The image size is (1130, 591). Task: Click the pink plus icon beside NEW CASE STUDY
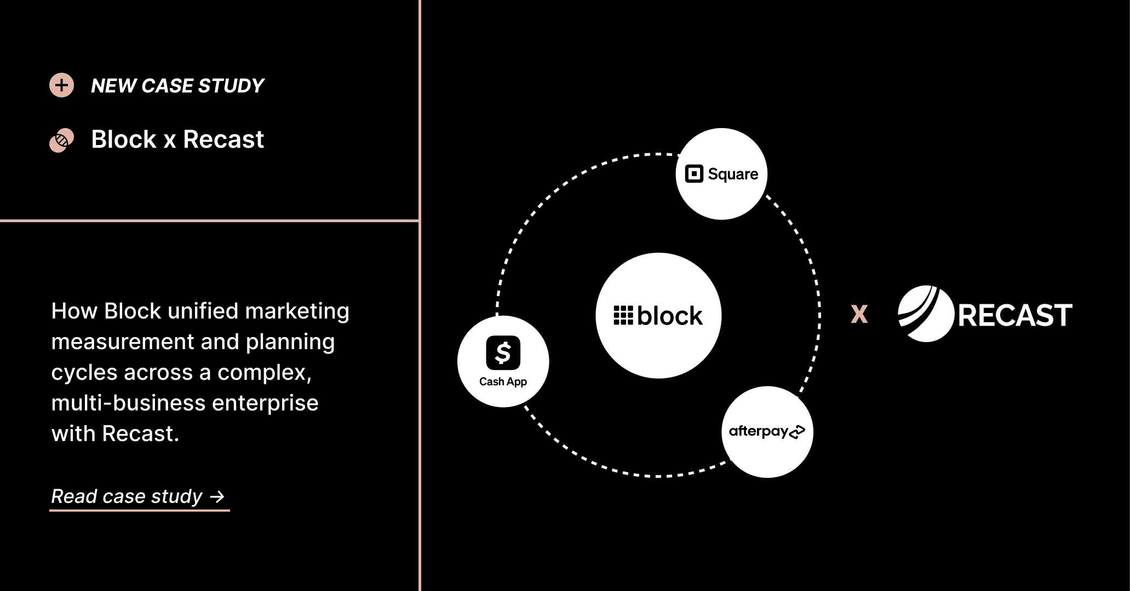[61, 85]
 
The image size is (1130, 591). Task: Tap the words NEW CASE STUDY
[177, 86]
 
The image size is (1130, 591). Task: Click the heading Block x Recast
[177, 139]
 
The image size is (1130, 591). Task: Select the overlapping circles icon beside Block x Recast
[61, 141]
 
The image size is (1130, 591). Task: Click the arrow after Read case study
[217, 497]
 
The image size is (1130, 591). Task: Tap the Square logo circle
[721, 174]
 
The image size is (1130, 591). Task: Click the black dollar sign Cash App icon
[503, 352]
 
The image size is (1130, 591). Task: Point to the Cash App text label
[503, 381]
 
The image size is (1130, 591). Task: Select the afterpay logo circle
[767, 432]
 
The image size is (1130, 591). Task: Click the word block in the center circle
[669, 316]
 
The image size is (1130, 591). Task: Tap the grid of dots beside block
[623, 316]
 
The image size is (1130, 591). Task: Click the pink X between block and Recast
[859, 314]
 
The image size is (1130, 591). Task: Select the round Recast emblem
[926, 314]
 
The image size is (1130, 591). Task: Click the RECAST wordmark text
[1015, 315]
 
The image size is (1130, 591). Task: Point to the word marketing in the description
[297, 311]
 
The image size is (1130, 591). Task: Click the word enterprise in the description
[265, 403]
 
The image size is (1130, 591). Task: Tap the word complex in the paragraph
[265, 373]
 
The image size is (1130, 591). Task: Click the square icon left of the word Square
[694, 174]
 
